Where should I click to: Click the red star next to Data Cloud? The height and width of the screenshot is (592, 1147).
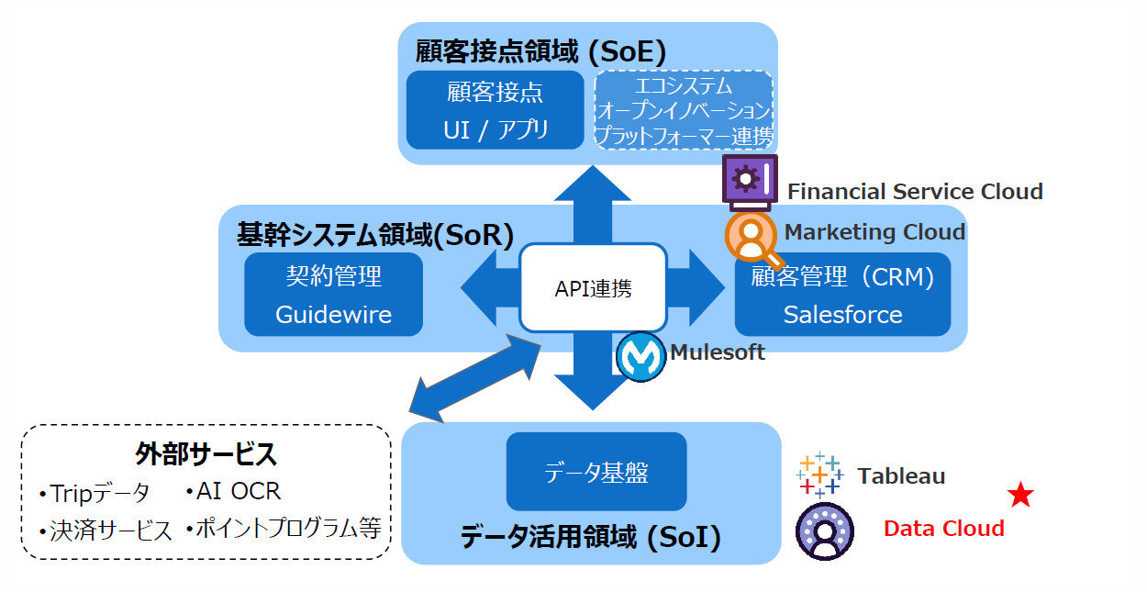(x=1019, y=497)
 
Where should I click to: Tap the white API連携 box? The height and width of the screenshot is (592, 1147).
(x=593, y=288)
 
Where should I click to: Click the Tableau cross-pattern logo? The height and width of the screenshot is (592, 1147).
(x=818, y=475)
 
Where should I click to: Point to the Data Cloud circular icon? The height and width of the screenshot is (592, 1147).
(x=824, y=531)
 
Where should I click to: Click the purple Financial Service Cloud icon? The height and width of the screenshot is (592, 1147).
(x=750, y=178)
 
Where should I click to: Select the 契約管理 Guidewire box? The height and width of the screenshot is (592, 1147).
(x=333, y=294)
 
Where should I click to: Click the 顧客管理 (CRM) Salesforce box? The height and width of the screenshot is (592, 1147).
(x=842, y=294)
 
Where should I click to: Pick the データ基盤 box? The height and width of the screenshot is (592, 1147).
(x=596, y=472)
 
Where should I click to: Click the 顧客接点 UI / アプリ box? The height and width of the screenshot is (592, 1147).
(x=496, y=109)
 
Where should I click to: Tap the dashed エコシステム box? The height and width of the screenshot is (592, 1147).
(x=684, y=110)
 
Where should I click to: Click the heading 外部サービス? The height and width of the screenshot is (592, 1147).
(x=206, y=453)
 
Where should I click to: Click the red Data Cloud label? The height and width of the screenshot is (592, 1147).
(x=943, y=529)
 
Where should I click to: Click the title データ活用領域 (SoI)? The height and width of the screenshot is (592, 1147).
(x=590, y=537)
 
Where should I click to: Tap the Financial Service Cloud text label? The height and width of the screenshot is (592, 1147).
(x=915, y=192)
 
